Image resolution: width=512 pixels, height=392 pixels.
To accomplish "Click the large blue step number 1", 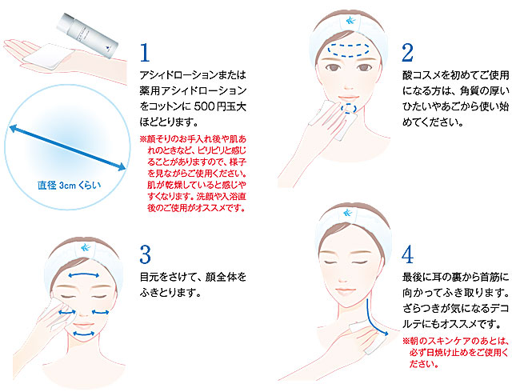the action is (x=145, y=53).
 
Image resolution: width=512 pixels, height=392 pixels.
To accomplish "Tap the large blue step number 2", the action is (x=407, y=53).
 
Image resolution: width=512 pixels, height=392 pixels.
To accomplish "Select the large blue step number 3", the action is (x=146, y=254).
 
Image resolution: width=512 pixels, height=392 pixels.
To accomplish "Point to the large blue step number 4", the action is (x=407, y=254).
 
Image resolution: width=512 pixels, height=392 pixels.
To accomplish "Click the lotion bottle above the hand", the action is (x=87, y=36).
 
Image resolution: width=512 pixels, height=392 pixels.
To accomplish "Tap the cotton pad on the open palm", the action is (x=49, y=57).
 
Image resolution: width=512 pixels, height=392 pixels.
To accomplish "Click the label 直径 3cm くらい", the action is (x=69, y=186).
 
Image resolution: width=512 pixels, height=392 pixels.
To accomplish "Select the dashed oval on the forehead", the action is (x=349, y=50).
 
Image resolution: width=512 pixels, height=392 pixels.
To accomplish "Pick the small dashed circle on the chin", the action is (x=349, y=109).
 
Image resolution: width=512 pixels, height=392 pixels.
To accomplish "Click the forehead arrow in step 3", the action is (x=83, y=275).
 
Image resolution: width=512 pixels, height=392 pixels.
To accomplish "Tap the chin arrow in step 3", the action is (x=83, y=334).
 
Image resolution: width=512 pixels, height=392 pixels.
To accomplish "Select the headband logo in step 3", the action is (x=84, y=247).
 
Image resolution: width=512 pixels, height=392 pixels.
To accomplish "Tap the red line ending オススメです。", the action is (x=196, y=208).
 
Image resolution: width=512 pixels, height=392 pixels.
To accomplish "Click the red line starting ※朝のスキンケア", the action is (x=456, y=341).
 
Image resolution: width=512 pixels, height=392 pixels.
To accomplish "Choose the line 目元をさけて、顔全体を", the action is (x=193, y=277).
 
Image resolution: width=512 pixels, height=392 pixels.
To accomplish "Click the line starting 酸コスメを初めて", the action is (x=455, y=75).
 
